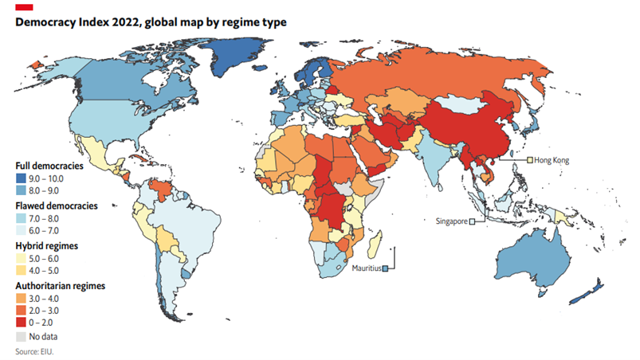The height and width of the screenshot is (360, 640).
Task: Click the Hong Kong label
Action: click(x=552, y=160)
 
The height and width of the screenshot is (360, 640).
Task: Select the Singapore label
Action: click(x=451, y=221)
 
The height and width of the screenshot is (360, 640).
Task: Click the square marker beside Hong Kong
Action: click(x=528, y=160)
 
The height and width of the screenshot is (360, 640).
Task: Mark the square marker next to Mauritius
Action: click(x=386, y=268)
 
